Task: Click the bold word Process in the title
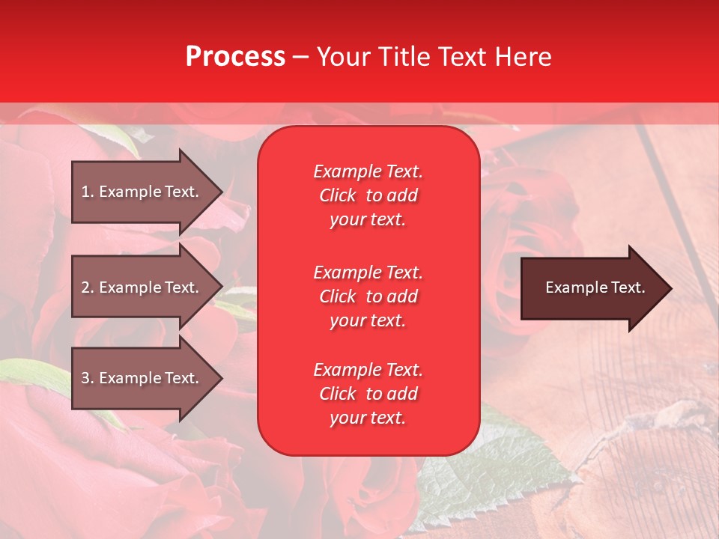pos(235,57)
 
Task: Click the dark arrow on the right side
pos(592,288)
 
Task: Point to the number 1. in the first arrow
pos(88,192)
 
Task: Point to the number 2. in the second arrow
pos(88,287)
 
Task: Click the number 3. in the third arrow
pos(88,378)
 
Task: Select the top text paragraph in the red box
pos(368,195)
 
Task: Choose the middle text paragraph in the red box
pos(368,296)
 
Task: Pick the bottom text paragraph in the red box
pos(368,394)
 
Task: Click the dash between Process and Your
pos(301,57)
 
